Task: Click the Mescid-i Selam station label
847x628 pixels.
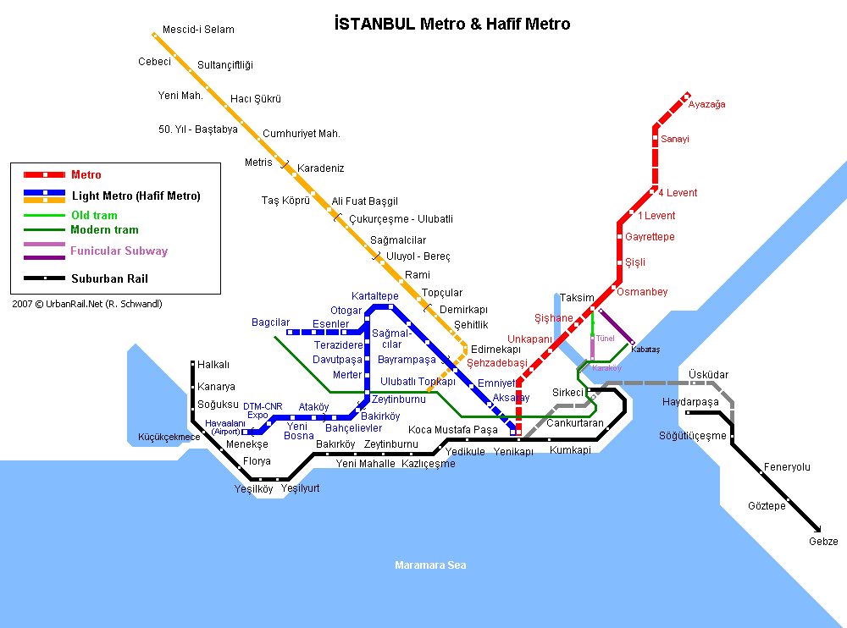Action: [x=198, y=29]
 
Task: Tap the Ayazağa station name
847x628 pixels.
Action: [x=706, y=104]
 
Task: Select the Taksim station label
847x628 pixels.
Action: [x=577, y=298]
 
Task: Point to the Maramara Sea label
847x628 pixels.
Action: [x=430, y=565]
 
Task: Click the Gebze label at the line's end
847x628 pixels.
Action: [x=823, y=541]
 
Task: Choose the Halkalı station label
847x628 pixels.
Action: [x=213, y=365]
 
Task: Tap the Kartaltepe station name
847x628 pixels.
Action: [x=375, y=296]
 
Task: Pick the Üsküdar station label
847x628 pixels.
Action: [x=708, y=374]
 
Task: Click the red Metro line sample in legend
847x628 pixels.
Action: [x=45, y=174]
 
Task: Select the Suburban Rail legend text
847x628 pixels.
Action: [x=109, y=278]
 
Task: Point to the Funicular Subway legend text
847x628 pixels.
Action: [x=119, y=251]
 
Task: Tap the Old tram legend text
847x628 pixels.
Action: [x=95, y=215]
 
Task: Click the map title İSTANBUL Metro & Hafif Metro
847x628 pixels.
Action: [x=452, y=24]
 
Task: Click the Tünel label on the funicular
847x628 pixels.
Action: [x=605, y=338]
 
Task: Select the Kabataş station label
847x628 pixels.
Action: [x=645, y=350]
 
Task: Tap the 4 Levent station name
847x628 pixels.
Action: [x=678, y=193]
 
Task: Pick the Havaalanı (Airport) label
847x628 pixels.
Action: [x=225, y=427]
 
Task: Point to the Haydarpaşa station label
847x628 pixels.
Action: [x=690, y=402]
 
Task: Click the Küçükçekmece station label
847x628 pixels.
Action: [x=169, y=437]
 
